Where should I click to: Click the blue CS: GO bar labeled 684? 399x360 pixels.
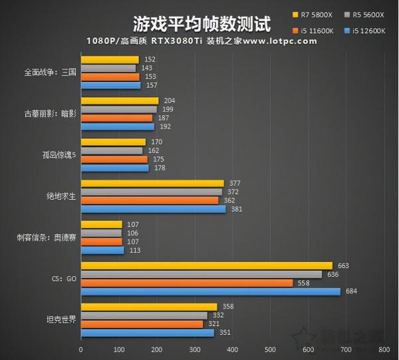click(x=210, y=292)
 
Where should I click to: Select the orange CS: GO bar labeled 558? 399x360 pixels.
click(x=186, y=283)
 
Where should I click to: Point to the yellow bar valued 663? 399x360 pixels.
click(x=206, y=266)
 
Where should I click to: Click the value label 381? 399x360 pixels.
click(x=235, y=209)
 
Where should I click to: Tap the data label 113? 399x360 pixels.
click(x=134, y=250)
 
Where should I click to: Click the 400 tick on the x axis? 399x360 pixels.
click(x=232, y=349)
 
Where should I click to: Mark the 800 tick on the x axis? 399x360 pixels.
click(x=384, y=349)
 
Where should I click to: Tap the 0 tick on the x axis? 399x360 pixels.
click(x=81, y=349)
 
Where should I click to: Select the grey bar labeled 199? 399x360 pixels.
click(x=119, y=109)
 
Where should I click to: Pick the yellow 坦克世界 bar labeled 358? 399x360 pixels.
click(x=149, y=307)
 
